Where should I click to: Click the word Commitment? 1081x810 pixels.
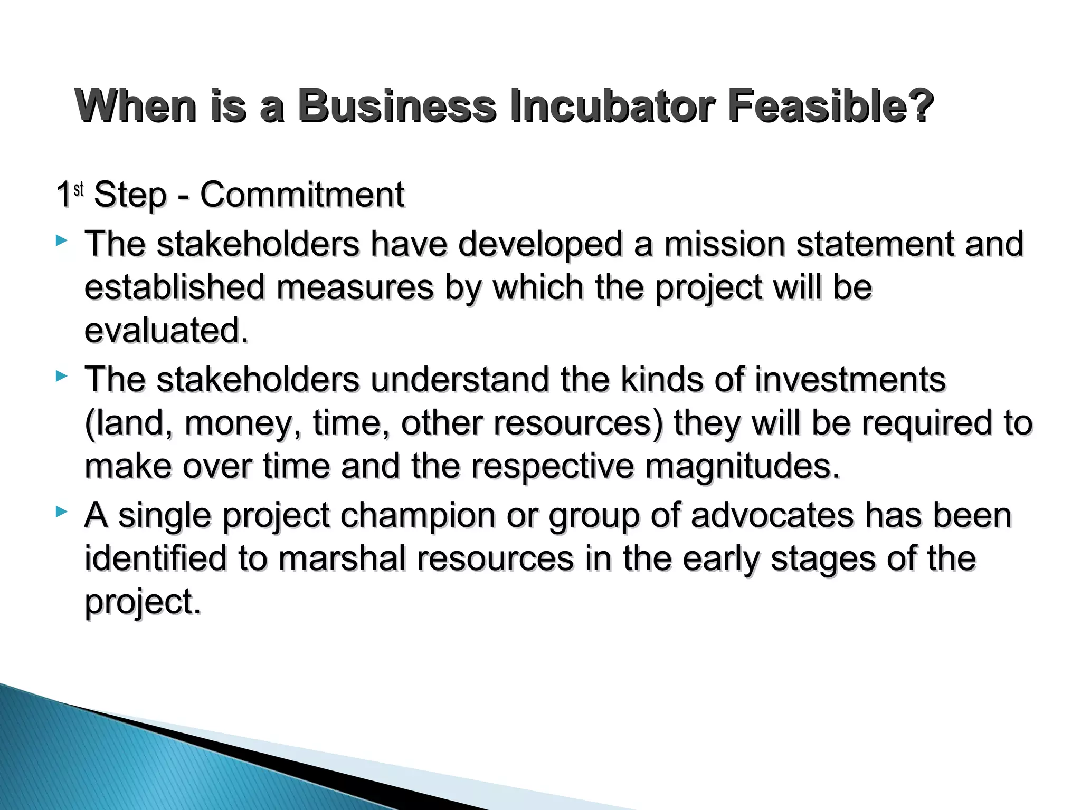tap(302, 195)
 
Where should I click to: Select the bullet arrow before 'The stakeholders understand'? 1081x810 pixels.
tap(62, 377)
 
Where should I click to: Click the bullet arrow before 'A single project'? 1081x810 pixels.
tap(62, 511)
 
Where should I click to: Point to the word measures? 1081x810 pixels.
tap(355, 287)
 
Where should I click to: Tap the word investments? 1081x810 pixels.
tap(850, 379)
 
